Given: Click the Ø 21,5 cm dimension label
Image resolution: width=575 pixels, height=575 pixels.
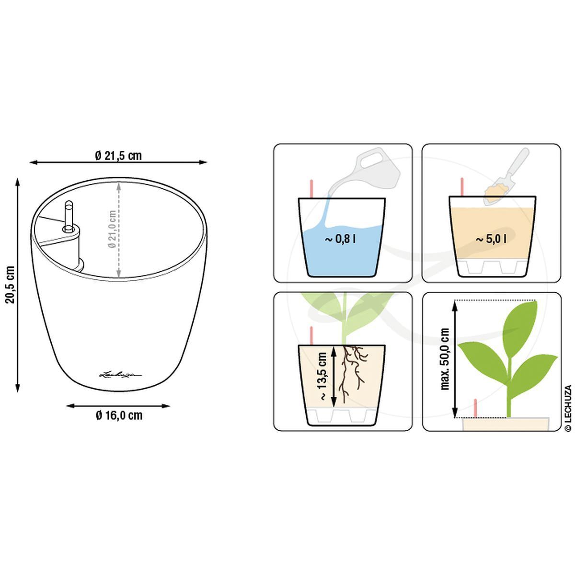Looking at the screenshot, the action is tap(119, 156).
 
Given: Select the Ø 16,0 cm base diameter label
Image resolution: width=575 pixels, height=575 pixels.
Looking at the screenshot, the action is tap(119, 415).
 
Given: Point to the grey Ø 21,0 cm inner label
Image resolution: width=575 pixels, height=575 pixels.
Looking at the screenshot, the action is tap(112, 229).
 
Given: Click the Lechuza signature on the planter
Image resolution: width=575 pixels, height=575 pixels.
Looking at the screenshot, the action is tap(121, 374).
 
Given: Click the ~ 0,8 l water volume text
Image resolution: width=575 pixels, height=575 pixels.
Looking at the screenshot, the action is tap(340, 239).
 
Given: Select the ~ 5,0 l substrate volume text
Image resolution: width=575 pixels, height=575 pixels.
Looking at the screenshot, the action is tap(491, 239).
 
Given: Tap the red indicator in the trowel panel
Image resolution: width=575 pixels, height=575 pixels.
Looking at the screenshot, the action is tap(462, 187).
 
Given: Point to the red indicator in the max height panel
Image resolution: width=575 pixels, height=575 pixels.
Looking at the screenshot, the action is tap(475, 408).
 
